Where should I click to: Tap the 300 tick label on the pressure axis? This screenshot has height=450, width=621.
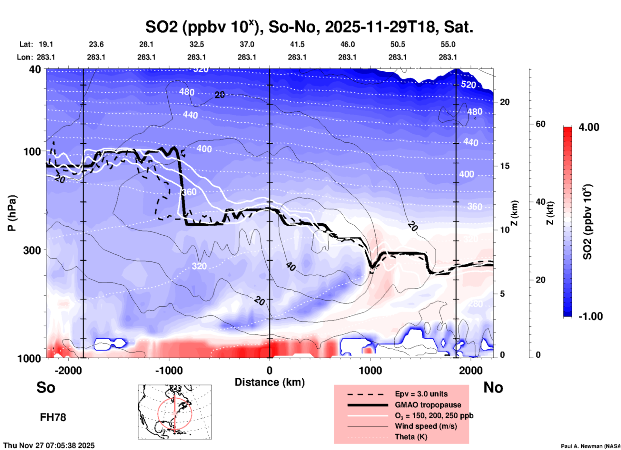(x=32, y=250)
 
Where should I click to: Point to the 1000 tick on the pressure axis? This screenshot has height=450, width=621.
(x=29, y=358)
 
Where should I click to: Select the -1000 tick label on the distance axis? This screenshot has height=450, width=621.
(x=169, y=371)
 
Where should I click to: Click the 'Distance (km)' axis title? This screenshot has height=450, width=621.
(x=270, y=382)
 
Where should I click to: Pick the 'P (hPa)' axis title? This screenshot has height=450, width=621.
(x=12, y=213)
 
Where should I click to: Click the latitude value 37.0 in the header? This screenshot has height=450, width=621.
(x=247, y=44)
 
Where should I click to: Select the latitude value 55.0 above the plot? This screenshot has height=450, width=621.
(x=448, y=44)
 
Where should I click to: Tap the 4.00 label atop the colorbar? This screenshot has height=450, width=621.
(x=589, y=127)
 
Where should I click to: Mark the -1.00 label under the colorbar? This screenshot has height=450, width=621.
(x=590, y=316)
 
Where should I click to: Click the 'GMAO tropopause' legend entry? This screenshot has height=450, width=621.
(x=428, y=405)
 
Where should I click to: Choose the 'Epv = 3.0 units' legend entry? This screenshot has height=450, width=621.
(x=421, y=394)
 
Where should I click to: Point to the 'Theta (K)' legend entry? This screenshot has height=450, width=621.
(x=411, y=437)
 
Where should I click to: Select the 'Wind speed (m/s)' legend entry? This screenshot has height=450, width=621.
(x=426, y=426)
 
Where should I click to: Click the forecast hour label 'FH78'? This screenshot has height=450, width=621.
(x=53, y=417)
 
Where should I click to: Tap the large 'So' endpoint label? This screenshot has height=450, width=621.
(x=46, y=387)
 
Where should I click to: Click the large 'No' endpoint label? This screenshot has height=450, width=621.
(x=493, y=387)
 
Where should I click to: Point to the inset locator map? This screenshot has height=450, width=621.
(x=175, y=412)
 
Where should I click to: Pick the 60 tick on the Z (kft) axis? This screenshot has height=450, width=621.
(x=540, y=124)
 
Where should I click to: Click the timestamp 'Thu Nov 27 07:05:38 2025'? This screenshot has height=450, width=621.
(x=49, y=445)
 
